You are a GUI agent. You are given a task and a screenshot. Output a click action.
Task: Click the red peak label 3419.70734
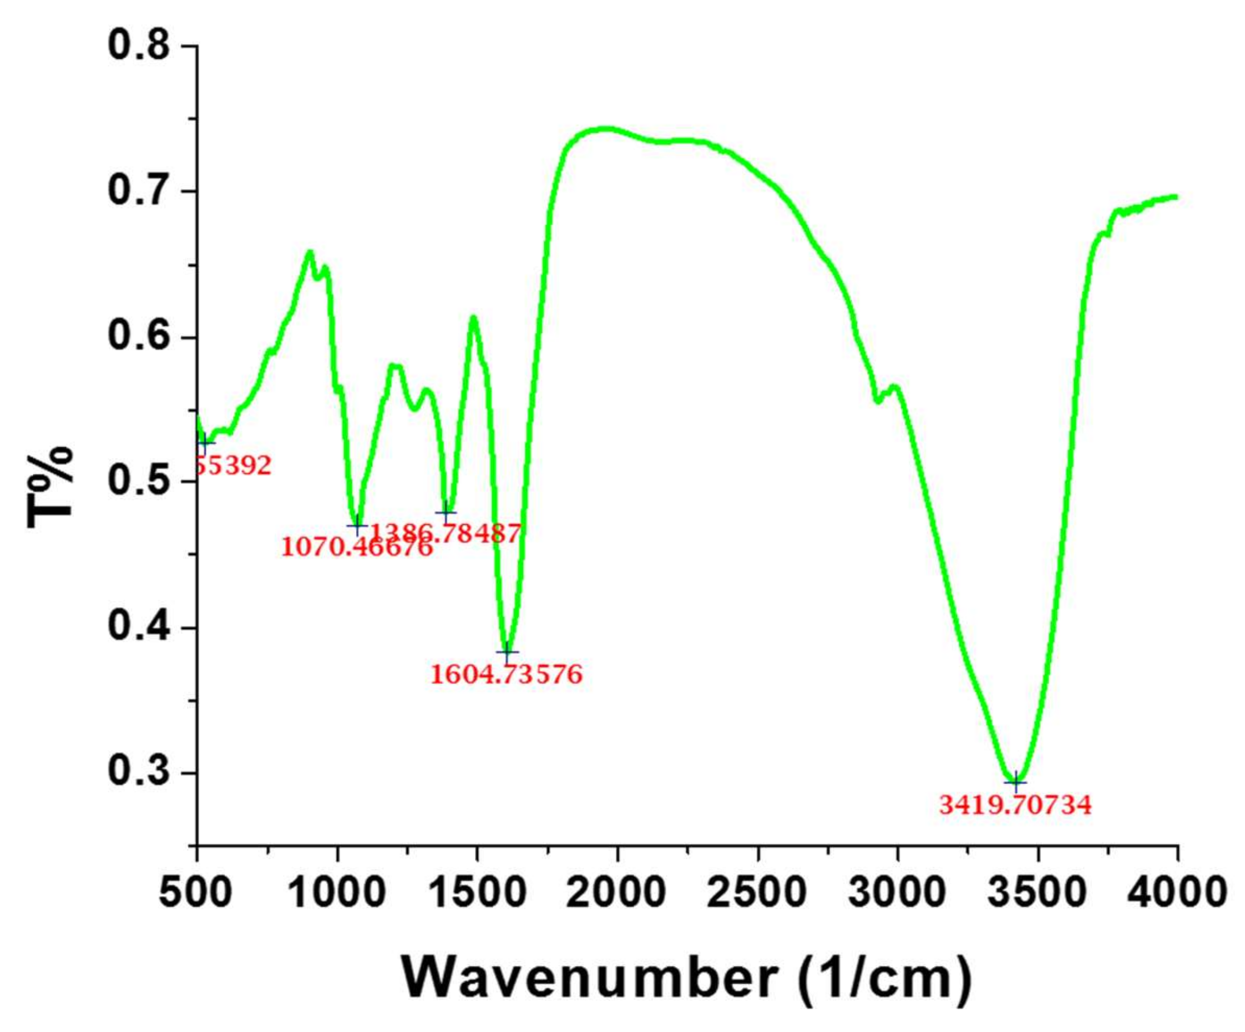tap(1015, 806)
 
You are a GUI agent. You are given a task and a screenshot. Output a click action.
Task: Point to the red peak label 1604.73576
tap(507, 675)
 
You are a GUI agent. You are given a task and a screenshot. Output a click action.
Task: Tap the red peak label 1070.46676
tap(357, 547)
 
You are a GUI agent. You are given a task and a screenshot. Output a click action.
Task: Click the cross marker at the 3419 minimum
tap(1015, 782)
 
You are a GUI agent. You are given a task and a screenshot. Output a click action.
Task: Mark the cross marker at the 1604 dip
tap(507, 651)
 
